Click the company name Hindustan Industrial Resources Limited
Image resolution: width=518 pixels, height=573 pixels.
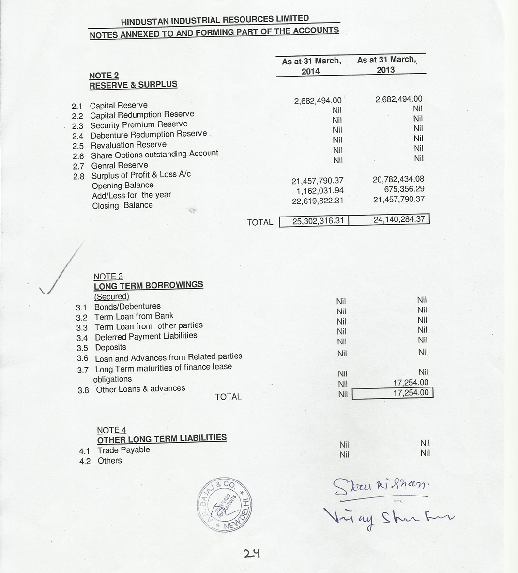215,20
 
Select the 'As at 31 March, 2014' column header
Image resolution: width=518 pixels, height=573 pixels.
311,66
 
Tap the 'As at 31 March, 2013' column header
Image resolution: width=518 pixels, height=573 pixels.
386,64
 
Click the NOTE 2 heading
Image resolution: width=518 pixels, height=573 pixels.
104,75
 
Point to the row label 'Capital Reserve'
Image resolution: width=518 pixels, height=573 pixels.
119,105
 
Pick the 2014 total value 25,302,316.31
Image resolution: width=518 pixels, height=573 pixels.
318,221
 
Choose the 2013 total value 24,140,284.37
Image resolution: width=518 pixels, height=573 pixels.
399,219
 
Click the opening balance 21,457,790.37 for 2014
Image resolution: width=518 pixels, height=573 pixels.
317,181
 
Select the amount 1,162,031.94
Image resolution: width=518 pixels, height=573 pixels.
320,191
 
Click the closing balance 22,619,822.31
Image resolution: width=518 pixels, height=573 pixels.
317,201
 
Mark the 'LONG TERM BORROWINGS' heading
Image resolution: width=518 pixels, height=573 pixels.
149,285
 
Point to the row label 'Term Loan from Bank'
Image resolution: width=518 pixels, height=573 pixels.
134,316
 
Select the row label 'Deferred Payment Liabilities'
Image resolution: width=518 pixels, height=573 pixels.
146,336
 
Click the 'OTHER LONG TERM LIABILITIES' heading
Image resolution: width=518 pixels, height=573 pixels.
162,439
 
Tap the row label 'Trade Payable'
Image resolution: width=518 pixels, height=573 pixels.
123,450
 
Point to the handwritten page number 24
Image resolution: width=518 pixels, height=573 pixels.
252,553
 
